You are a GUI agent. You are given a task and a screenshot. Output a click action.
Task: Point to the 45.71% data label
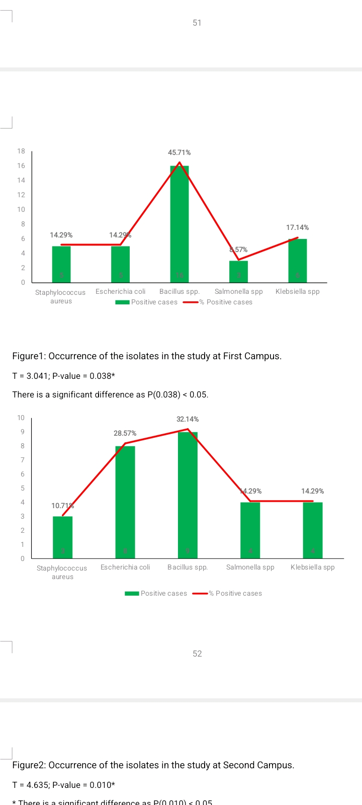[x=179, y=152]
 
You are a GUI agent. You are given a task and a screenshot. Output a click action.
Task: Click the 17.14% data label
[x=298, y=227]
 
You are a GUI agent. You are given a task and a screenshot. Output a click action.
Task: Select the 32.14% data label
[x=188, y=419]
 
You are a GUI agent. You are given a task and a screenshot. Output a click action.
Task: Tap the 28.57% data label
[x=125, y=433]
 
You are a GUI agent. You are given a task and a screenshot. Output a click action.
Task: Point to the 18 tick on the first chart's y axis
[x=21, y=151]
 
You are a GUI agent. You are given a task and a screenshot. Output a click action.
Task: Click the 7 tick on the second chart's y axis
[x=22, y=460]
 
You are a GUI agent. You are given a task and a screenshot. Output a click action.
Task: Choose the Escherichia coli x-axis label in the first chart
[x=121, y=291]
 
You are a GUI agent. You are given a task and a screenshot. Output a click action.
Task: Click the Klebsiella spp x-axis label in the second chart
[x=313, y=567]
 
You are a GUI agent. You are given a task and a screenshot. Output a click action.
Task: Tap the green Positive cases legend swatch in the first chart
[x=123, y=302]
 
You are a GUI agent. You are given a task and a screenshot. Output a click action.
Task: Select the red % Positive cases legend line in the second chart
[x=200, y=594]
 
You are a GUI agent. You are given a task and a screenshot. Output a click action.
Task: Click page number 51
[x=197, y=23]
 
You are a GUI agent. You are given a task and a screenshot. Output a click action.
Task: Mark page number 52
[x=197, y=654]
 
